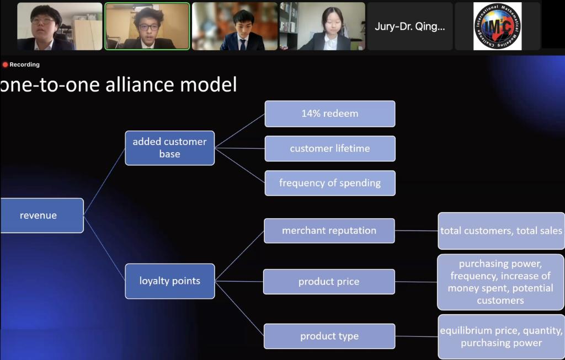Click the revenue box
tap(42, 215)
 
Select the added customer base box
tap(170, 148)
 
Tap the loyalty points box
tap(170, 281)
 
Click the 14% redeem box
tap(330, 114)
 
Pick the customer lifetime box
tap(330, 148)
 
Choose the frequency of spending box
tap(330, 183)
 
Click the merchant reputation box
tap(329, 231)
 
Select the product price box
tap(329, 282)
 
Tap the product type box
tap(329, 336)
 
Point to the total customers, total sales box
tap(501, 231)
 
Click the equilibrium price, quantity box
tap(501, 337)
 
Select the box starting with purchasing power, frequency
tap(501, 282)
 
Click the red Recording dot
tap(5, 65)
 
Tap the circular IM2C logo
tap(497, 26)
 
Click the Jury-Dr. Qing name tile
tap(410, 26)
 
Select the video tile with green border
tap(147, 26)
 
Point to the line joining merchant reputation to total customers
tap(416, 231)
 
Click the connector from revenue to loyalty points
tap(104, 248)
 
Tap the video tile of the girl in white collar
tap(322, 26)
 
